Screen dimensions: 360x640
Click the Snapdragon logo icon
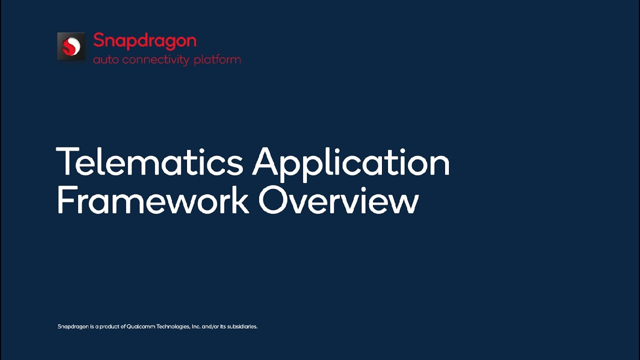click(71, 46)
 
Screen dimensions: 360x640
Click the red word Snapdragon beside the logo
click(144, 40)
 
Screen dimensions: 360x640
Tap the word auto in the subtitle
click(105, 60)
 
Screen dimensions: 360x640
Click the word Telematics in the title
click(149, 162)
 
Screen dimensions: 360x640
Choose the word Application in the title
click(351, 163)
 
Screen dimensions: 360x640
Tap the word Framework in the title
click(152, 201)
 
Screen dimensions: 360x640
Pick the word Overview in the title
click(338, 201)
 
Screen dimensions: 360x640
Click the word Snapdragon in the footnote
click(73, 326)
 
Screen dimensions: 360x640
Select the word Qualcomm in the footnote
click(140, 326)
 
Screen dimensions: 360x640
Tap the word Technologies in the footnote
click(173, 326)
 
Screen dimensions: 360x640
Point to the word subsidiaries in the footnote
click(242, 326)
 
